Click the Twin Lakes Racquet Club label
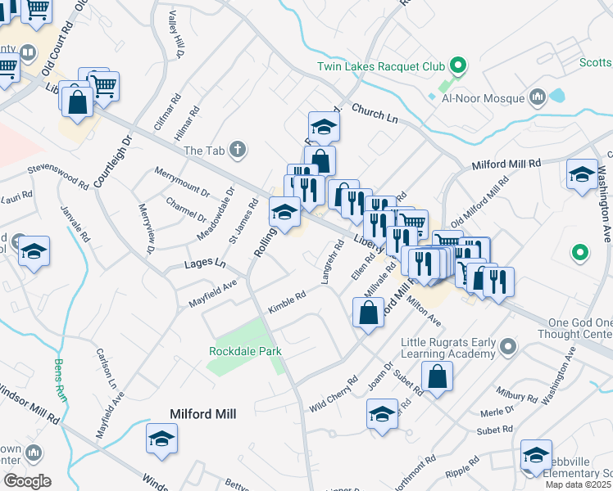point(382,66)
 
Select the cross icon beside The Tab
point(238,149)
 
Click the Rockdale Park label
point(245,351)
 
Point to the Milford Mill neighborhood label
point(202,415)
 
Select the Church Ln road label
point(375,114)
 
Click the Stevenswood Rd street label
point(57,176)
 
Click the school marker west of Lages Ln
point(34,252)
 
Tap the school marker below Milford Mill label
point(161,439)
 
